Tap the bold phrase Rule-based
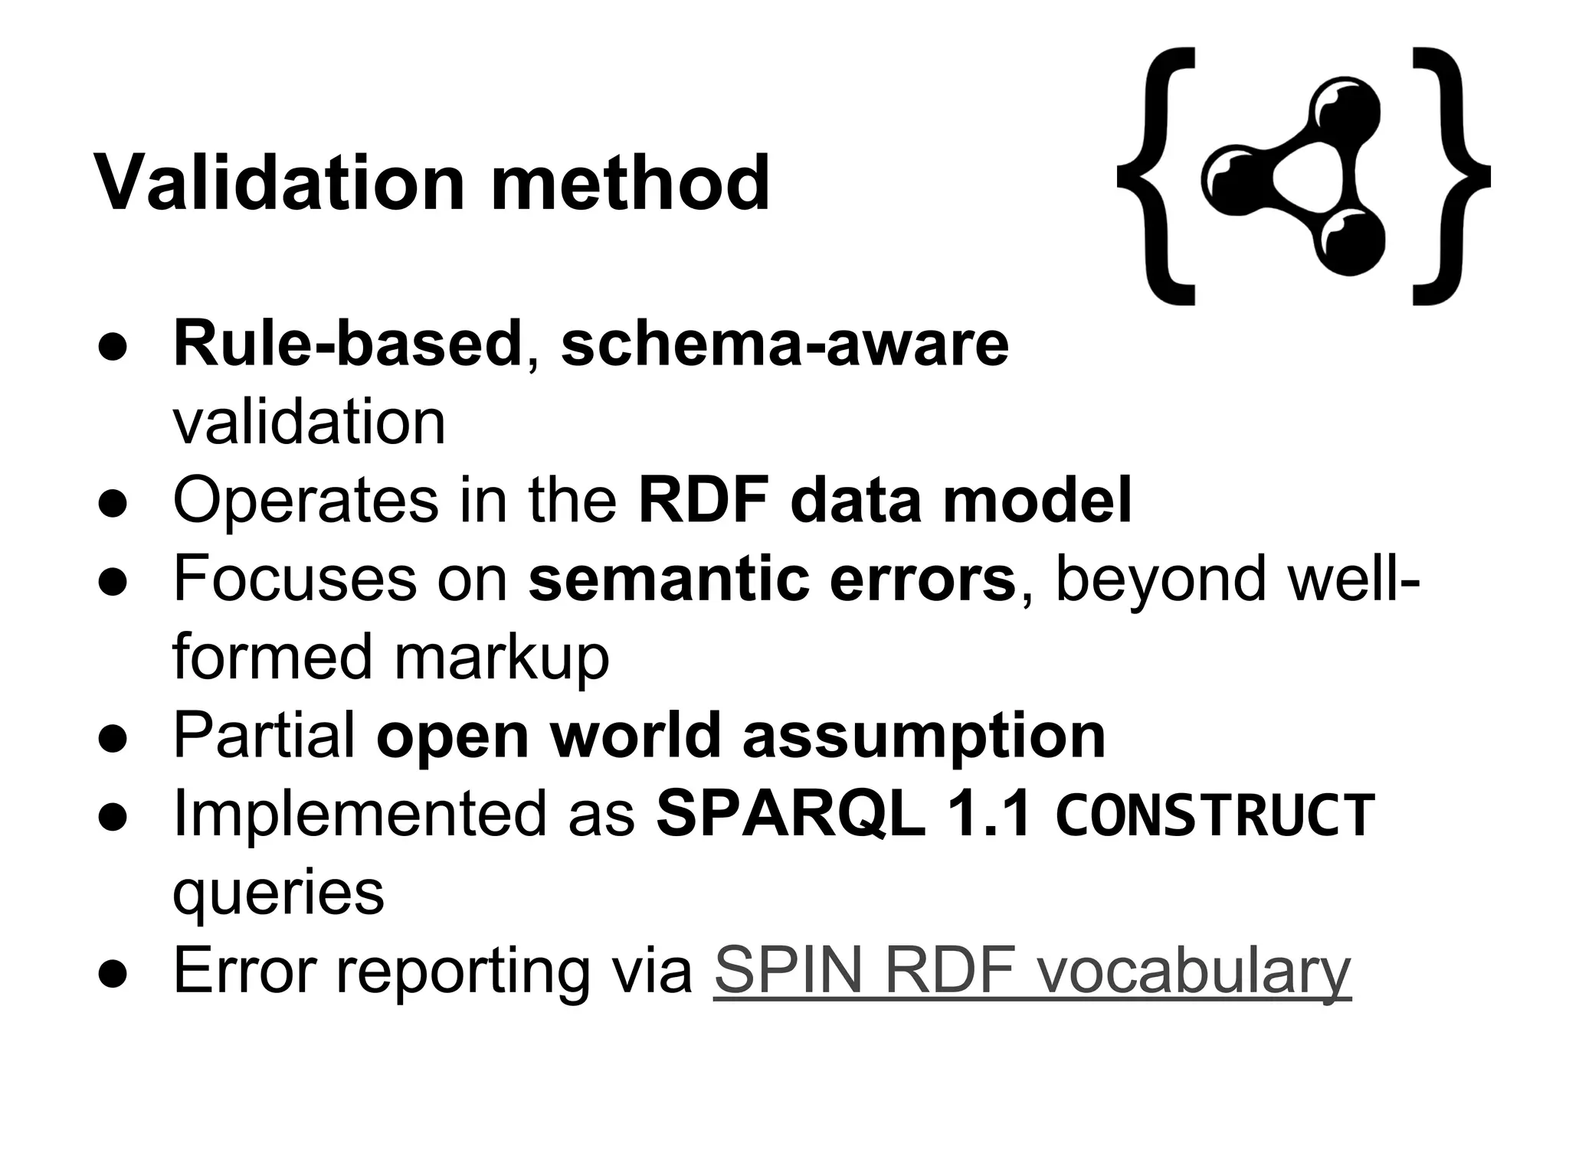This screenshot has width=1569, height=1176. click(348, 344)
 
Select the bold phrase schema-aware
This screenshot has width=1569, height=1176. click(784, 344)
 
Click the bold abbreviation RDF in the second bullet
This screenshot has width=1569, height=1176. click(703, 501)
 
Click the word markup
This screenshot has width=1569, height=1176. click(501, 657)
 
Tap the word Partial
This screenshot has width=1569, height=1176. click(264, 735)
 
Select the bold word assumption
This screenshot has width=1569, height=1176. click(924, 735)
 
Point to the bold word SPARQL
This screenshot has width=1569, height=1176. click(790, 813)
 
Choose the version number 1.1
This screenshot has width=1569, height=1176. click(988, 813)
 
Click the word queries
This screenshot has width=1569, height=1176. click(278, 893)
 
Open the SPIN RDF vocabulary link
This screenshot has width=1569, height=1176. click(1032, 971)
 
